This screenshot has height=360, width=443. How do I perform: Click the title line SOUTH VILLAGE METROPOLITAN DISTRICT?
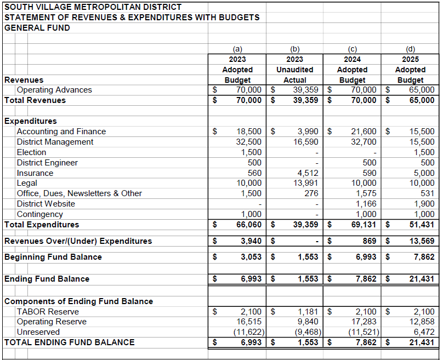tap(93, 7)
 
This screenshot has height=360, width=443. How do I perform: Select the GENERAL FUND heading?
tap(37, 28)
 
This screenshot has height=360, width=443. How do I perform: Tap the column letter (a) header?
tap(237, 49)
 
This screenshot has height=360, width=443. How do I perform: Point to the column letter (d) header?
tap(410, 49)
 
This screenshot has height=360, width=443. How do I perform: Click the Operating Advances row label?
tap(54, 90)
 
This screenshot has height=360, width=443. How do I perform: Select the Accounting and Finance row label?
tap(61, 132)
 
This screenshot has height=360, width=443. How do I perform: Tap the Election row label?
tap(31, 152)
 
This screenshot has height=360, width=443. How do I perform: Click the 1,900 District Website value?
tap(424, 204)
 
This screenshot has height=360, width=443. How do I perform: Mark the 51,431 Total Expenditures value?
tap(421, 225)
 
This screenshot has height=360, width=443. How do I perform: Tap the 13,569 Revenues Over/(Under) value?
tap(421, 241)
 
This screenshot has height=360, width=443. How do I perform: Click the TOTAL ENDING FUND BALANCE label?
tap(69, 342)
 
